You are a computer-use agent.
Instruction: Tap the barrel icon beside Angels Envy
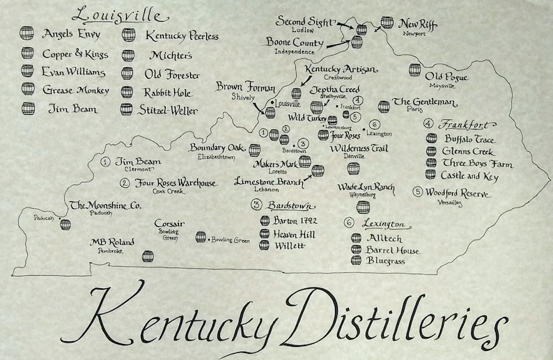pos(28,34)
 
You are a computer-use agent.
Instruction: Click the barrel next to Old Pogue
pos(415,70)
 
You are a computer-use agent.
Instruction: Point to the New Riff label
pos(418,24)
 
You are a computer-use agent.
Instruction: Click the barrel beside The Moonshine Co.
pos(65,224)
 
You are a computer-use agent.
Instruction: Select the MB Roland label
pos(113,242)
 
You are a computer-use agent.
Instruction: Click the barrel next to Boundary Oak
pos(255,150)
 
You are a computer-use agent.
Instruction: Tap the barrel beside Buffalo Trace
pos(432,139)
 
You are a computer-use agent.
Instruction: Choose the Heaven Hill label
pos(294,234)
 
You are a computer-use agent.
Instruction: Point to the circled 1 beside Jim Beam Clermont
pos(105,162)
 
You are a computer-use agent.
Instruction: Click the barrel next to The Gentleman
pos(384,107)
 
